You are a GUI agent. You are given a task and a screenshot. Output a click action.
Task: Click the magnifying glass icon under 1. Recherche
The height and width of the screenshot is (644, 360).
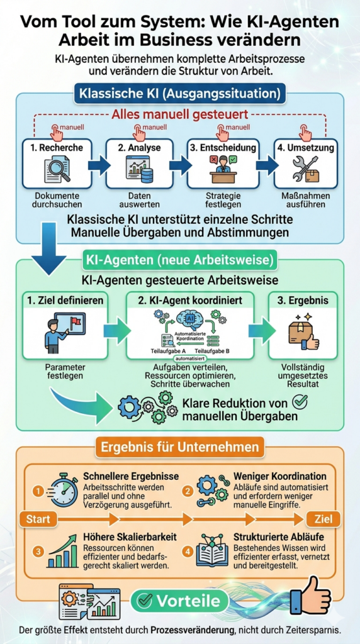click(58, 170)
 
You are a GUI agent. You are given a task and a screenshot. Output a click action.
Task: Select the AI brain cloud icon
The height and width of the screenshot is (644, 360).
click(189, 319)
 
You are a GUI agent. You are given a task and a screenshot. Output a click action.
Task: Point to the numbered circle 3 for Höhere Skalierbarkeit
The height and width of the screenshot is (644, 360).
click(38, 551)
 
